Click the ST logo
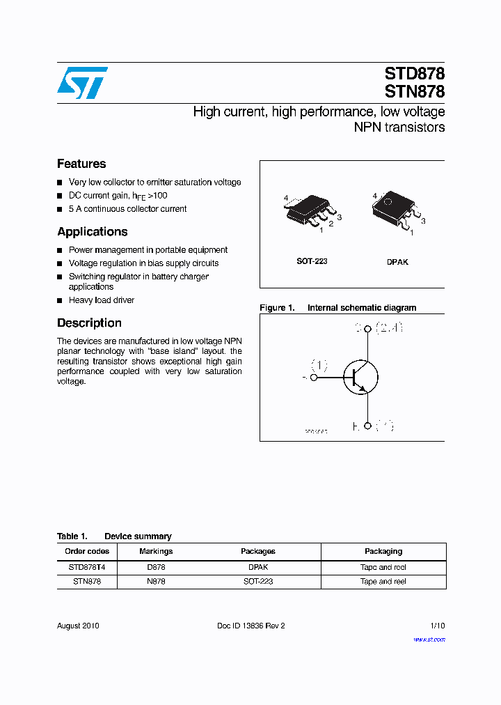pyautogui.click(x=82, y=83)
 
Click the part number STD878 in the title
pyautogui.click(x=415, y=74)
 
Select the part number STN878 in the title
pyautogui.click(x=415, y=91)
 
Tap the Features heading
pyautogui.click(x=81, y=164)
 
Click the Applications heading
pyautogui.click(x=92, y=232)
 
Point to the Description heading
pyautogui.click(x=89, y=323)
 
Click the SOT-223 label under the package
pyautogui.click(x=312, y=261)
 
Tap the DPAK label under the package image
pyautogui.click(x=397, y=262)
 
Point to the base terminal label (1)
pyautogui.click(x=319, y=365)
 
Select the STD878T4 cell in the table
pyautogui.click(x=87, y=568)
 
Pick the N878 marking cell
pyautogui.click(x=156, y=581)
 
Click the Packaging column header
pyautogui.click(x=383, y=551)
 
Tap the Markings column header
pyautogui.click(x=156, y=551)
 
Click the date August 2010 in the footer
pyautogui.click(x=78, y=626)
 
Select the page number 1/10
pyautogui.click(x=437, y=626)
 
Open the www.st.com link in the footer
pyautogui.click(x=429, y=639)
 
